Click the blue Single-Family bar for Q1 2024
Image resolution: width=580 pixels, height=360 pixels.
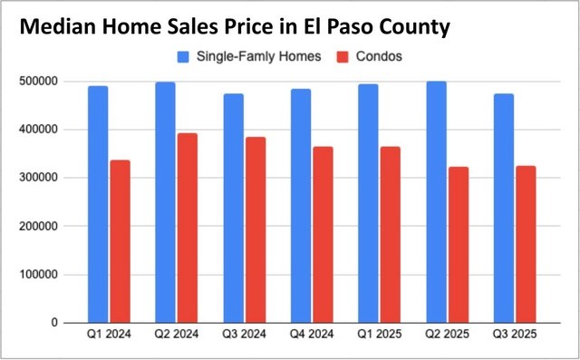pyautogui.click(x=97, y=204)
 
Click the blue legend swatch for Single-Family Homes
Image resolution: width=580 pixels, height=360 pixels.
pyautogui.click(x=181, y=56)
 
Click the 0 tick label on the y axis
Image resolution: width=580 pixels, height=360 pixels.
pyautogui.click(x=55, y=323)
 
